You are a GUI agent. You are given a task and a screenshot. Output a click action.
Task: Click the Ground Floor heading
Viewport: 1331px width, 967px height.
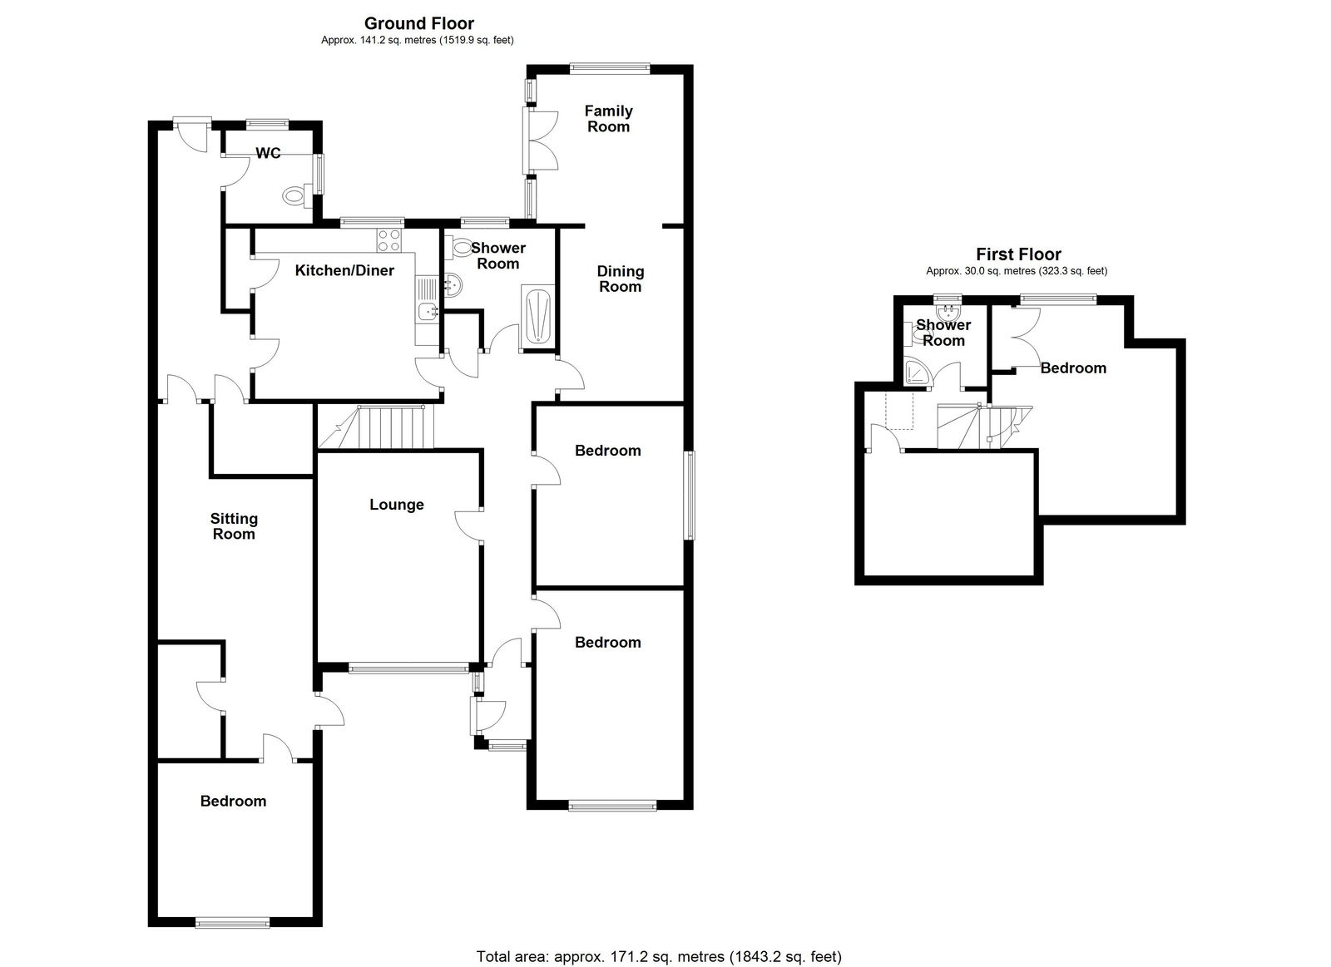click(419, 24)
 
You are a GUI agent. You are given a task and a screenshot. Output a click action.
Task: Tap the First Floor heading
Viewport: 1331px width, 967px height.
click(1018, 254)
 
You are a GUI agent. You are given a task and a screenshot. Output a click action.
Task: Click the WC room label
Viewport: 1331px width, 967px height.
click(268, 153)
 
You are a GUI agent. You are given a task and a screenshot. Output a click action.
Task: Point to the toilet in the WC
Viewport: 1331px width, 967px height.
click(297, 195)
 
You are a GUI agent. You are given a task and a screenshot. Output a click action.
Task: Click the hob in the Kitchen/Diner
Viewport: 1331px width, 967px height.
click(389, 240)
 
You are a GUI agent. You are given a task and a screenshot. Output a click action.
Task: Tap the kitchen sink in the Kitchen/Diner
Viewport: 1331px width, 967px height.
click(428, 311)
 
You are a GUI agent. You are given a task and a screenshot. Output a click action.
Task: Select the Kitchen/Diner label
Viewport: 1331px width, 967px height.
click(344, 271)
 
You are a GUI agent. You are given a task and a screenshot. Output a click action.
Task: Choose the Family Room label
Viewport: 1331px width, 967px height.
click(608, 119)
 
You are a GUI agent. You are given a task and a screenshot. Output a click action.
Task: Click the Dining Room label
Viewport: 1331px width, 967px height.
click(621, 279)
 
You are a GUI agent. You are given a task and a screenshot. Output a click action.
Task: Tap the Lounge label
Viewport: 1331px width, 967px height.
click(396, 505)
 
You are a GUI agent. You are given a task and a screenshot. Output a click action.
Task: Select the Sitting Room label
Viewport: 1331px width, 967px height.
click(234, 527)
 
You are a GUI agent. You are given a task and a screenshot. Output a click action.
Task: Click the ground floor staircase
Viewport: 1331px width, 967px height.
click(376, 427)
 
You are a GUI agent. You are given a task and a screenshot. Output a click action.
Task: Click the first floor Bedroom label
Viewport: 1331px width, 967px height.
click(1073, 368)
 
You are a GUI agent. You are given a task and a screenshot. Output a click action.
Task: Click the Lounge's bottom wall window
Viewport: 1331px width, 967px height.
click(408, 669)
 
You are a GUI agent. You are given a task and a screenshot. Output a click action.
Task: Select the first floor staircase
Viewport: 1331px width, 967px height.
click(984, 427)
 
